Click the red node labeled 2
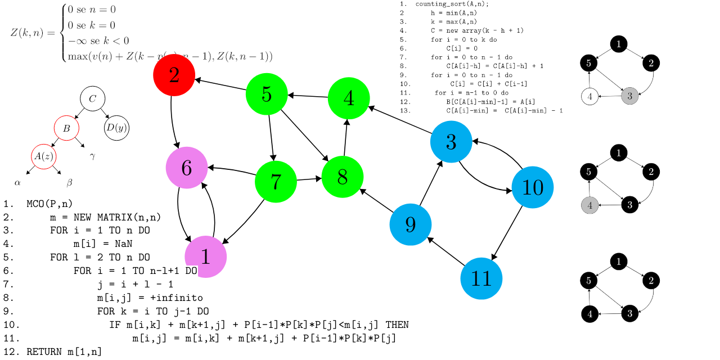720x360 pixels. tap(174, 75)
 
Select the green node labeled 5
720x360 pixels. tap(267, 94)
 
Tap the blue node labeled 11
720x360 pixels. tap(481, 278)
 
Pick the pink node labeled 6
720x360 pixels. tap(187, 168)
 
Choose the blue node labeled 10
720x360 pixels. tap(532, 187)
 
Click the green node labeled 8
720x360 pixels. tap(342, 177)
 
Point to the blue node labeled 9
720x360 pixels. tap(410, 224)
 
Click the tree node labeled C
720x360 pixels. tap(93, 99)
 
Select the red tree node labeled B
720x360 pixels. tap(66, 128)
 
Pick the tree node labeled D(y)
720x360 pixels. tap(116, 128)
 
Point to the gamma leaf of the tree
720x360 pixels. tap(92, 156)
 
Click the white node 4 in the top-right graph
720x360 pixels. tap(589, 96)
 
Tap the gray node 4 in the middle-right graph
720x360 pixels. tap(589, 205)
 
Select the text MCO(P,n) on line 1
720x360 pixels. tap(49, 204)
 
